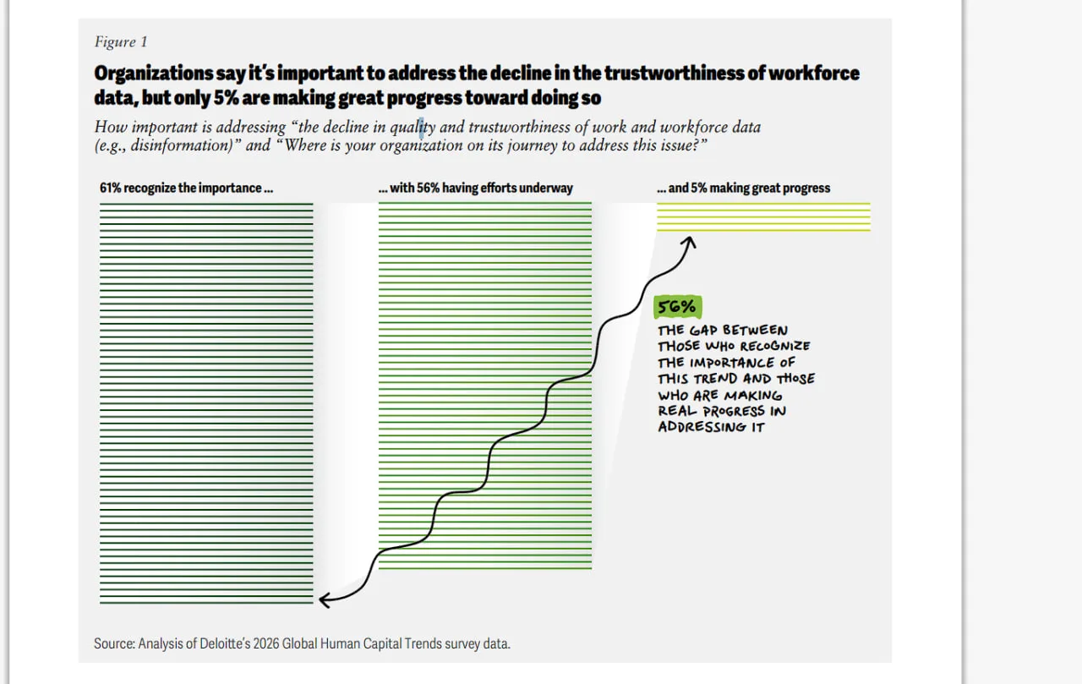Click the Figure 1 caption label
pyautogui.click(x=121, y=42)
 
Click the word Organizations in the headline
pyautogui.click(x=154, y=74)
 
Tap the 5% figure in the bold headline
pyautogui.click(x=226, y=97)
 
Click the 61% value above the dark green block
pyautogui.click(x=110, y=188)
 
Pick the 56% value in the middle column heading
pyautogui.click(x=428, y=188)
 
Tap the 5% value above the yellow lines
pyautogui.click(x=698, y=188)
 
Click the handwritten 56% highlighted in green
pyautogui.click(x=677, y=307)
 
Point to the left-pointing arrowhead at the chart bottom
pyautogui.click(x=323, y=600)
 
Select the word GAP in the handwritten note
pyautogui.click(x=703, y=331)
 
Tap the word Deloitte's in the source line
pyautogui.click(x=225, y=644)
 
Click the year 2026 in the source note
pyautogui.click(x=266, y=644)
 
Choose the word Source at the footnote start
pyautogui.click(x=114, y=644)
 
